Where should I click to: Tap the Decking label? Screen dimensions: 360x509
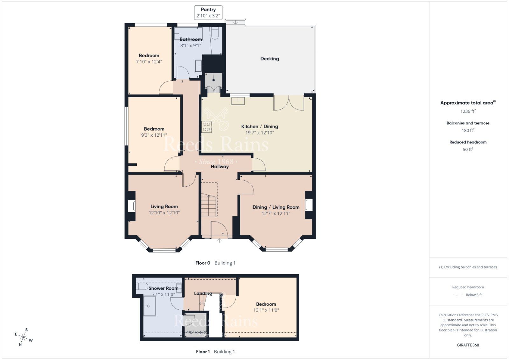[x=269, y=59]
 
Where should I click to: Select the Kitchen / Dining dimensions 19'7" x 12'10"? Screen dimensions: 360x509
[x=260, y=133]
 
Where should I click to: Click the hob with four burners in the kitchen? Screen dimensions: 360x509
[x=206, y=127]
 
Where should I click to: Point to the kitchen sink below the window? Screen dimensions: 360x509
[x=238, y=101]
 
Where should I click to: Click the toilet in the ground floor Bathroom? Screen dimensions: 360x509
[x=215, y=33]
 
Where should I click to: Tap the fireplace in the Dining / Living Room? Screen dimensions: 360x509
[x=309, y=204]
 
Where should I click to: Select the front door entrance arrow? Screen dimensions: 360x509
[x=220, y=241]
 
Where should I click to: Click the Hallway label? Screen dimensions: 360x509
[x=220, y=167]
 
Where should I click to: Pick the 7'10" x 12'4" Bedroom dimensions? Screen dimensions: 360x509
[x=149, y=62]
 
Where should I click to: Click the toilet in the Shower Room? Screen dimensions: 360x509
[x=142, y=287]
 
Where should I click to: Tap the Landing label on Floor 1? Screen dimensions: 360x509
[x=203, y=293]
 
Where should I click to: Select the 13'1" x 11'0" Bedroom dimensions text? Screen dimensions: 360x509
[x=266, y=310]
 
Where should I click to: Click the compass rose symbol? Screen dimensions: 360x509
[x=24, y=336]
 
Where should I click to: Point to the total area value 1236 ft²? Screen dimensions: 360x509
[x=468, y=111]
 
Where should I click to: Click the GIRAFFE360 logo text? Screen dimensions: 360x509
[x=468, y=345]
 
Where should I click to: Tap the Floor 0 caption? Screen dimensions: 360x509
[x=203, y=263]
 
